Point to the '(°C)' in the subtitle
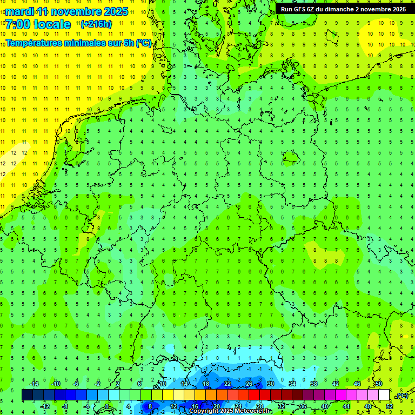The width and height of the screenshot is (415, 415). [143, 43]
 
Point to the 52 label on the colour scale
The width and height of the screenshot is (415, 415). [389, 406]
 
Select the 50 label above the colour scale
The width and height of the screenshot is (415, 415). [379, 384]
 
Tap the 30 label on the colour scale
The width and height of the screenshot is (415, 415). [270, 384]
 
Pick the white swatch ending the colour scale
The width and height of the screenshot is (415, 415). [384, 395]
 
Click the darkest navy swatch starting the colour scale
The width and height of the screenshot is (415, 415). [27, 395]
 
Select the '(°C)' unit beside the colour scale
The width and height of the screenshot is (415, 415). [401, 396]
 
